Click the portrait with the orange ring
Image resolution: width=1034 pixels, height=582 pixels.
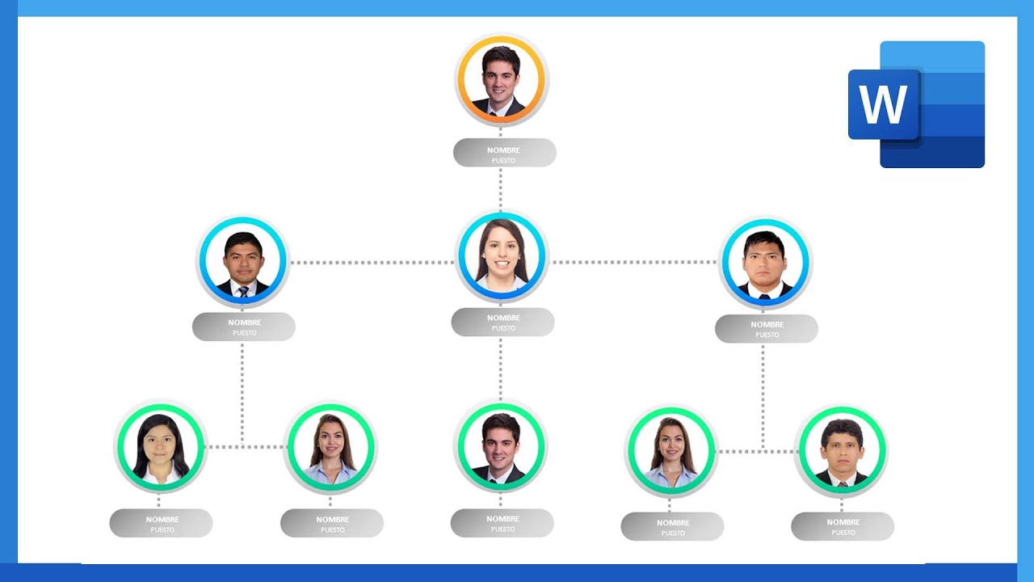tap(501, 80)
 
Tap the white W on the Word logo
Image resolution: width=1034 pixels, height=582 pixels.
tap(884, 104)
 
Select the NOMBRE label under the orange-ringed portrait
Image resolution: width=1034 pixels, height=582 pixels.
tap(503, 150)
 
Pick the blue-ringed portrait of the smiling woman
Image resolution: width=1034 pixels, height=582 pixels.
tap(502, 257)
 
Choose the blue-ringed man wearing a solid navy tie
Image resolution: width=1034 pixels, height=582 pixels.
tap(764, 264)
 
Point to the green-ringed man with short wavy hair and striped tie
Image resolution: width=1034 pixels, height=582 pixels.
tap(842, 451)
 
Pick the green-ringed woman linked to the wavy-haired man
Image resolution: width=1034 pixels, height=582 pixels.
tap(670, 451)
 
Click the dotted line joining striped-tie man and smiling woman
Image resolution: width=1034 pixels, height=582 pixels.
tap(372, 263)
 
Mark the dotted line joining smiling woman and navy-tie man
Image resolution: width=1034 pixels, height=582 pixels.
tap(634, 263)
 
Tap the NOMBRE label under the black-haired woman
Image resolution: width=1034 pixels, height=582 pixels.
tap(162, 519)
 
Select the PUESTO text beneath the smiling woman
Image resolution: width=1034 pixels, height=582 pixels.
tap(503, 328)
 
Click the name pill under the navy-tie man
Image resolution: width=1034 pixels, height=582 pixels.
tap(766, 329)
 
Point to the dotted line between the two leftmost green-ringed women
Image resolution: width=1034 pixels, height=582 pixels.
tap(246, 447)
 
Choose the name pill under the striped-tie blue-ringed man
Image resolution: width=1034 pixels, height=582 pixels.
tap(243, 327)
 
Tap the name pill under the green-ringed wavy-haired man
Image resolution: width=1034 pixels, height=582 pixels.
tap(843, 526)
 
